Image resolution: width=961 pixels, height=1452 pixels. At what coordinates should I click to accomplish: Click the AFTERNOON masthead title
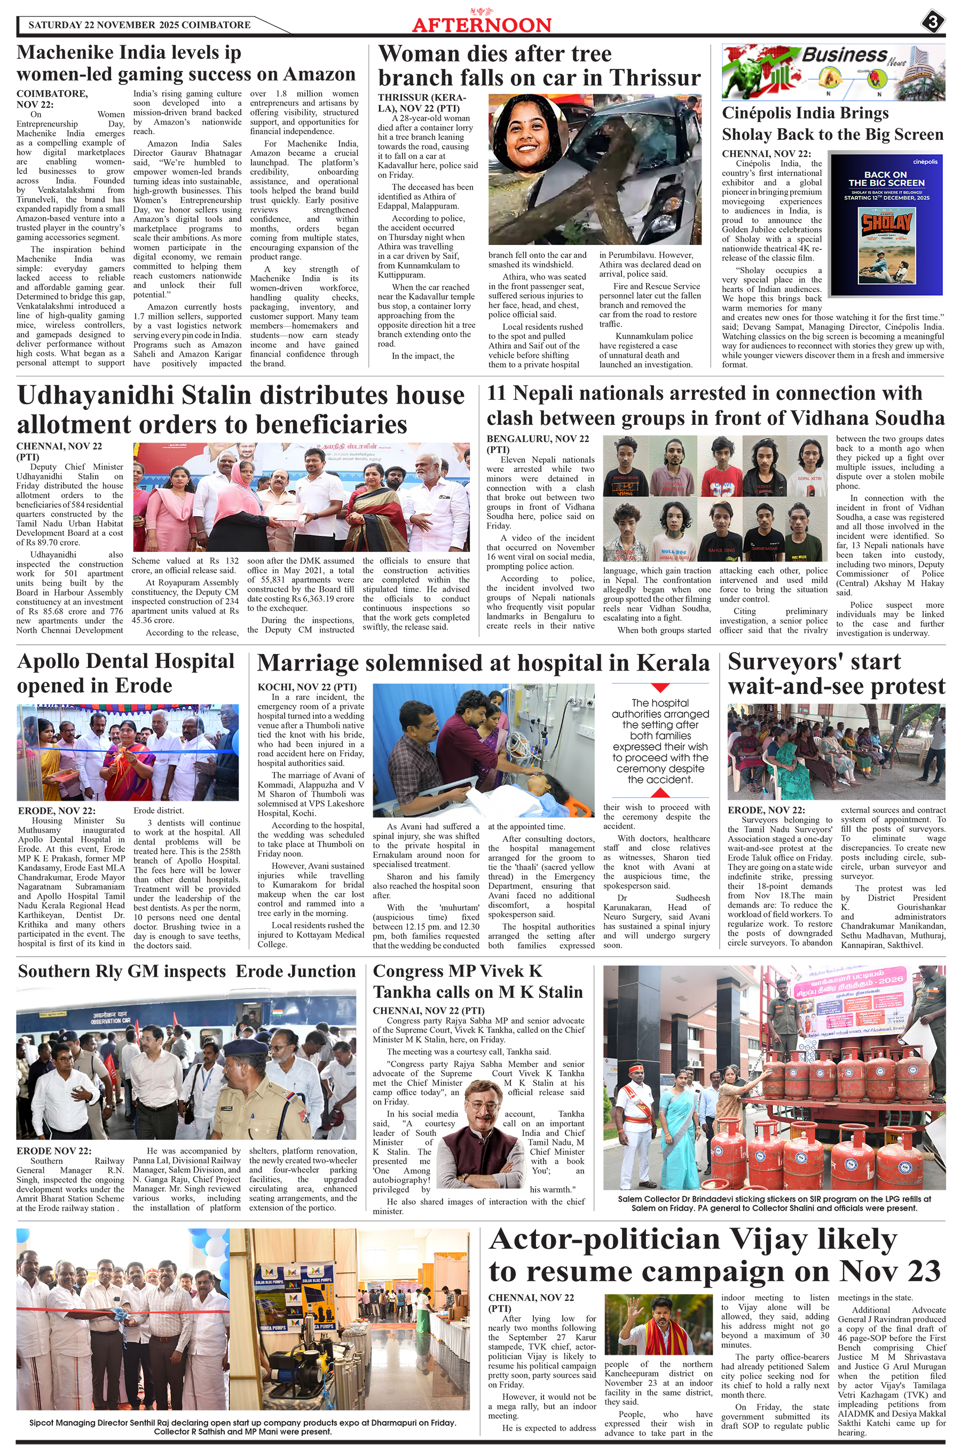(x=482, y=25)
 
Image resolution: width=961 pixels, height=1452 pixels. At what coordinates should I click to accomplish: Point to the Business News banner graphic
(x=833, y=72)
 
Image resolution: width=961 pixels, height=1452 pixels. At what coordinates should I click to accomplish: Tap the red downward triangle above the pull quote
(x=659, y=688)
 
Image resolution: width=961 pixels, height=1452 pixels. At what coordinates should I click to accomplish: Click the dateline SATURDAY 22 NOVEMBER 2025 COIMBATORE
(x=139, y=25)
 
